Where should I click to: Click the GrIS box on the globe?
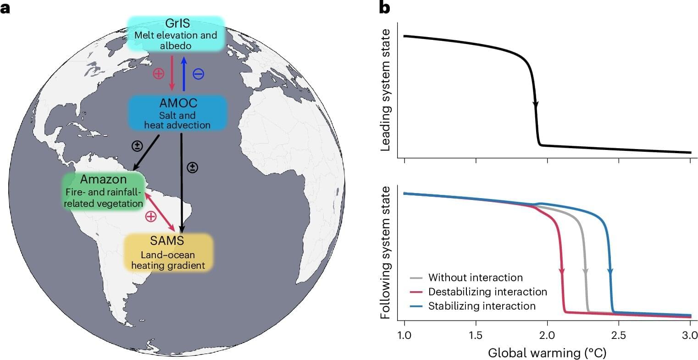(177, 33)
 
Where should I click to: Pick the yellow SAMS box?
(169, 251)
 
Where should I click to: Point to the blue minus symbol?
(198, 73)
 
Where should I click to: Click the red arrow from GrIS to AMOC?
(172, 73)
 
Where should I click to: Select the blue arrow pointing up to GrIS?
(183, 73)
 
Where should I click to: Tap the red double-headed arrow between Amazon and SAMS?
(160, 211)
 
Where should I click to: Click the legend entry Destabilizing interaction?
(487, 292)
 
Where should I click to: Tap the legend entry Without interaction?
(475, 277)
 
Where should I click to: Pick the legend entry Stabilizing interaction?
(482, 306)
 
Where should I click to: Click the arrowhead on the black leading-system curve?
(535, 105)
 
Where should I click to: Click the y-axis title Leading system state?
(386, 89)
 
